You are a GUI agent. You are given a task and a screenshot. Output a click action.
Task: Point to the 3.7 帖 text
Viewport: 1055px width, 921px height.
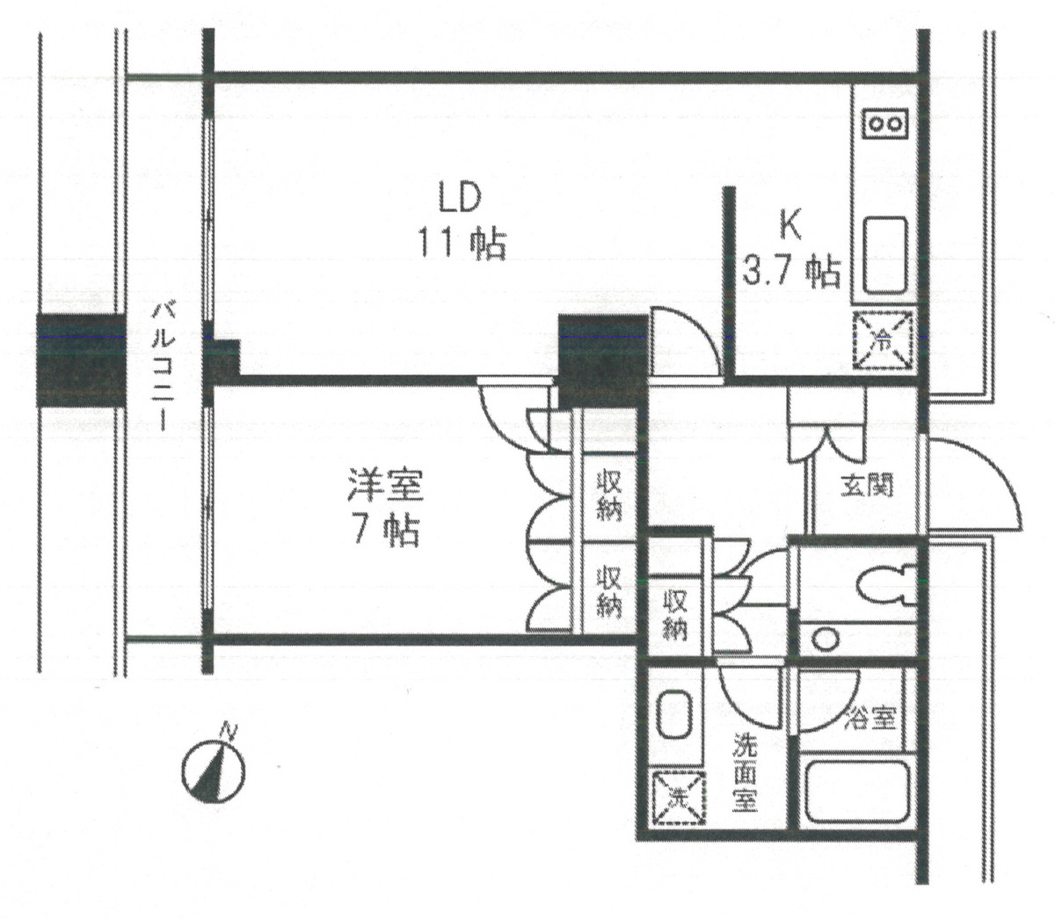pos(791,271)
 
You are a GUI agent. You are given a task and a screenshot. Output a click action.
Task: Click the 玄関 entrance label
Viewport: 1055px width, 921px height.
pos(867,486)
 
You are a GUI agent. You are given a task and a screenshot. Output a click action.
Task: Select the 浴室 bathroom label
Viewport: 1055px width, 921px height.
pos(869,719)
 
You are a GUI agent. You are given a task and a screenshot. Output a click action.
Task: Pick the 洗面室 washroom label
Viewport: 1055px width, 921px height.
pos(746,773)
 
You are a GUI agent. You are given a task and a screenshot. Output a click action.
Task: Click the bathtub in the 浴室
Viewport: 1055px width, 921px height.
pos(857,793)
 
